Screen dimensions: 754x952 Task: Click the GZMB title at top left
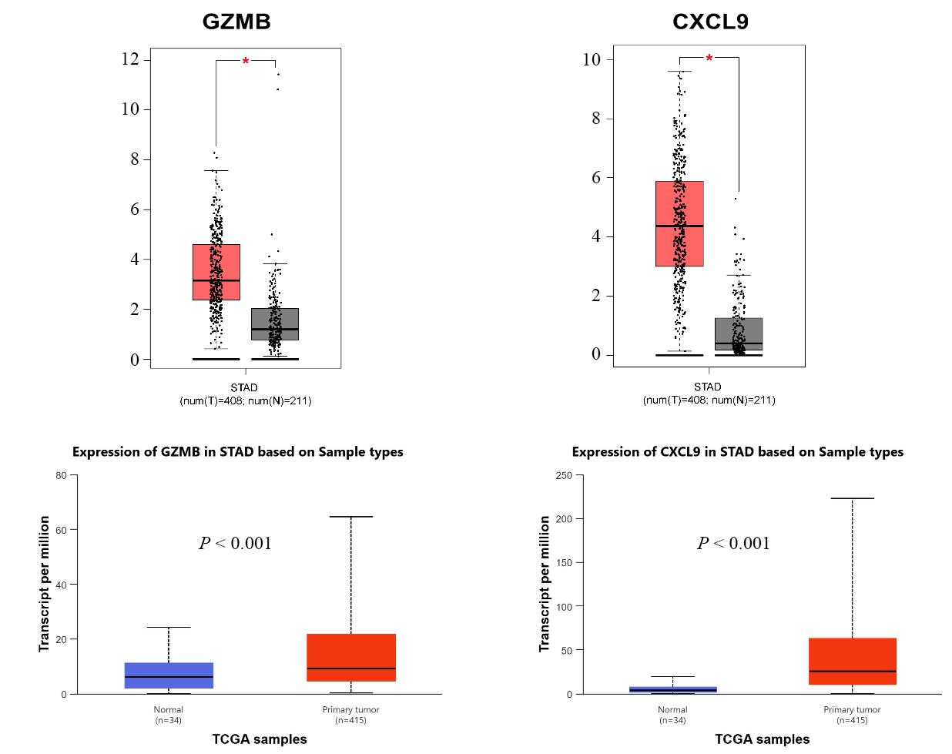pyautogui.click(x=236, y=22)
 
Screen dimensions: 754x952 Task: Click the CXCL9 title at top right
pyautogui.click(x=709, y=22)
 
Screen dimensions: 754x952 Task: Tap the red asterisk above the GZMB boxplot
pyautogui.click(x=246, y=62)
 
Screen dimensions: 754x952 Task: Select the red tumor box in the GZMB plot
pyautogui.click(x=216, y=272)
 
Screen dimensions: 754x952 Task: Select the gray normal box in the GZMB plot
pyautogui.click(x=275, y=324)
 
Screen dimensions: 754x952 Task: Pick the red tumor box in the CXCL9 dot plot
pyautogui.click(x=679, y=223)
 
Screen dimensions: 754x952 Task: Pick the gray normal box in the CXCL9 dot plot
pyautogui.click(x=739, y=334)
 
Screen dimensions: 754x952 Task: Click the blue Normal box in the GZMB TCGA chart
pyautogui.click(x=169, y=675)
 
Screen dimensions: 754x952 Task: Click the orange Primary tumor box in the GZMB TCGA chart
pyautogui.click(x=351, y=658)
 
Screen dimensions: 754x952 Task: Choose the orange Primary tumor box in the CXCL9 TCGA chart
pyautogui.click(x=853, y=661)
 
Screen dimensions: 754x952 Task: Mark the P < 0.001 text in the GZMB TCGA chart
pyautogui.click(x=235, y=544)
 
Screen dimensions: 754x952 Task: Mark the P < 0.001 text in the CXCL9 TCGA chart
pyautogui.click(x=733, y=544)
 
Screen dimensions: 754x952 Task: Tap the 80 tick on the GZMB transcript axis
pyautogui.click(x=62, y=475)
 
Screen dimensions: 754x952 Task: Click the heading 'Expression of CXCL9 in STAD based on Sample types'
pyautogui.click(x=737, y=452)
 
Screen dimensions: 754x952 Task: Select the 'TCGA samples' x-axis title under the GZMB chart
pyautogui.click(x=260, y=739)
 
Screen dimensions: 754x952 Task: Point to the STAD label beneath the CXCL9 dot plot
pyautogui.click(x=708, y=387)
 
